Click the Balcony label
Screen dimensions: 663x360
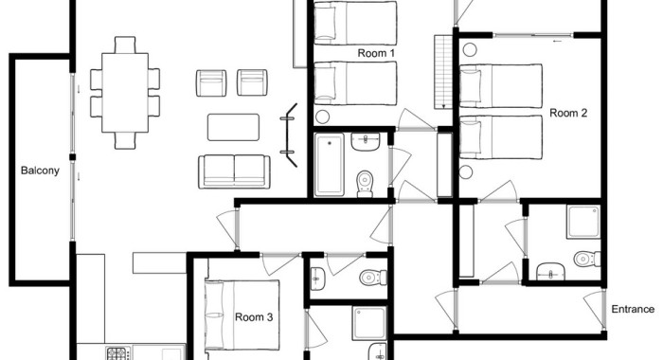pos(40,171)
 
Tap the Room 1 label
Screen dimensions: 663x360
pos(376,53)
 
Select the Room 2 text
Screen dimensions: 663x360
pos(568,113)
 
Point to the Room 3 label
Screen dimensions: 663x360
pos(254,316)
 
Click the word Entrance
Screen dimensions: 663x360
pos(633,309)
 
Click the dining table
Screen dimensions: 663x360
pos(125,93)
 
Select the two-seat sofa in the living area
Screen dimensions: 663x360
pos(234,171)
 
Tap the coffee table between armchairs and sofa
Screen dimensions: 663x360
pos(233,127)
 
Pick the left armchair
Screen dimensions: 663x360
pos(211,83)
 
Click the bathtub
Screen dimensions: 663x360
pos(330,165)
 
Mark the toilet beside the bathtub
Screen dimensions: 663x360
pos(365,184)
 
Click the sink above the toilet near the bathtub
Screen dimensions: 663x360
pos(366,142)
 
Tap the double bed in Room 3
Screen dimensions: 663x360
pos(242,315)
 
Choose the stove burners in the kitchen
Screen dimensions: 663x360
pos(117,353)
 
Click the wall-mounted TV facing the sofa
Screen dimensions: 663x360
pos(290,135)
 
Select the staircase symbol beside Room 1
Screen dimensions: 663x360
pos(443,72)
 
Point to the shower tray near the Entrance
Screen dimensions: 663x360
pos(584,222)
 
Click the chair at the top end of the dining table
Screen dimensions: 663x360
pos(125,45)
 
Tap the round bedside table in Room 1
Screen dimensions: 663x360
pos(323,117)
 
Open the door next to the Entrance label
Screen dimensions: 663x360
pos(595,309)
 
